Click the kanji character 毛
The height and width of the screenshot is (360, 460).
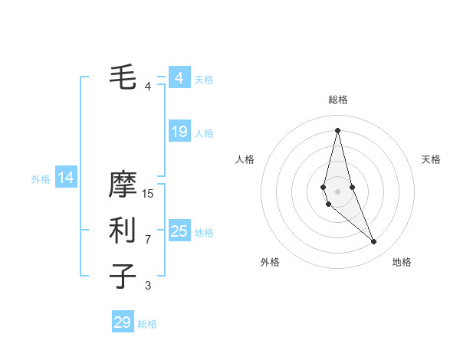[x=123, y=76]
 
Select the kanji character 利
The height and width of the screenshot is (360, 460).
[x=123, y=230]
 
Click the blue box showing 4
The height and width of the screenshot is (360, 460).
[x=179, y=78]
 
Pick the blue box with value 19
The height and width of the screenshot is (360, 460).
[x=179, y=132]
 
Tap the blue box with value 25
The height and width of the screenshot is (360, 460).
[x=179, y=231]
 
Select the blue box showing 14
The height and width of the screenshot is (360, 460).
[x=66, y=178]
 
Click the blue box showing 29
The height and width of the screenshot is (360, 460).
[x=123, y=322]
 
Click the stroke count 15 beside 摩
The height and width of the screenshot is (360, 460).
[x=148, y=194]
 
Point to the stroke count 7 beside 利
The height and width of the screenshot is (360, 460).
[x=148, y=240]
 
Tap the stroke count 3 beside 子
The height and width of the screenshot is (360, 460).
[x=148, y=286]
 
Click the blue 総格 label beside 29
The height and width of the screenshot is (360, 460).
[x=147, y=324]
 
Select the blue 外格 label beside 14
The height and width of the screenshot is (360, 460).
[x=41, y=179]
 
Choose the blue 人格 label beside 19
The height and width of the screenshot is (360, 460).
[x=204, y=133]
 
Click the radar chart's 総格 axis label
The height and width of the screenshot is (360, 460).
[x=337, y=100]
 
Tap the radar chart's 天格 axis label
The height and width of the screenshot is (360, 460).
[x=432, y=159]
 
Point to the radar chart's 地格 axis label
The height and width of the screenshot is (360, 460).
[x=402, y=262]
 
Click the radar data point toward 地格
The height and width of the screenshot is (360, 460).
[x=373, y=242]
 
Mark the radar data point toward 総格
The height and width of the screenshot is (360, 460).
[x=337, y=129]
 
